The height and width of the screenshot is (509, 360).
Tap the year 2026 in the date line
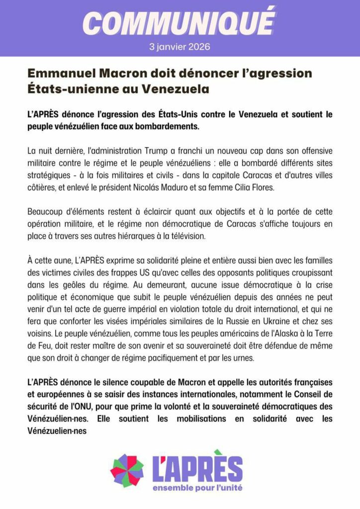pyautogui.click(x=199, y=47)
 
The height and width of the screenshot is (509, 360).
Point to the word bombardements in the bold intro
pyautogui.click(x=168, y=126)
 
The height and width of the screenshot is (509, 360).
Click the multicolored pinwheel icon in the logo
pyautogui.click(x=127, y=470)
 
